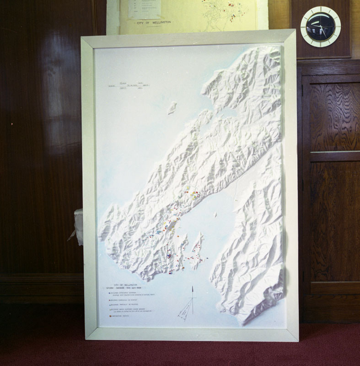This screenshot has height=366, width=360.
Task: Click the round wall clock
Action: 320,27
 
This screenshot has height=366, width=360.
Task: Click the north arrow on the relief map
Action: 193,293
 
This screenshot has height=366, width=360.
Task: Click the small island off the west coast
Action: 172,108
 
